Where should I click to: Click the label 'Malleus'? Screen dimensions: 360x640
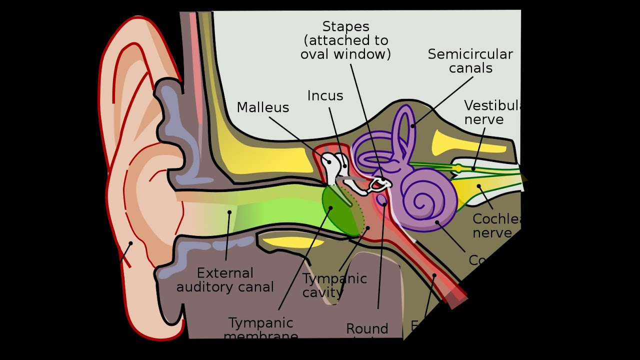[263, 107]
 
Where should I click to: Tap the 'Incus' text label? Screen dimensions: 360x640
[325, 96]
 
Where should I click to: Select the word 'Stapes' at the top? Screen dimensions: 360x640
[345, 26]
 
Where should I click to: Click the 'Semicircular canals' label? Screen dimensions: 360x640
[470, 61]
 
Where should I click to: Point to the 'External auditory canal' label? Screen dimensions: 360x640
[225, 280]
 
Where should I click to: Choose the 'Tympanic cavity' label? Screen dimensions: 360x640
[334, 285]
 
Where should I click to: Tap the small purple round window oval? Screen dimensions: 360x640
[383, 200]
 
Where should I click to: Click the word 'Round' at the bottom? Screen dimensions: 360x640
[367, 329]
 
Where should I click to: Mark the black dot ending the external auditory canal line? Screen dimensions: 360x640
[229, 212]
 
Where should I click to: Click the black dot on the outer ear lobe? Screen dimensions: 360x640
[130, 243]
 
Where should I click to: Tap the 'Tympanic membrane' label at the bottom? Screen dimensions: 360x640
[260, 328]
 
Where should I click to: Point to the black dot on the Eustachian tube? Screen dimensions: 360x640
[434, 275]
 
